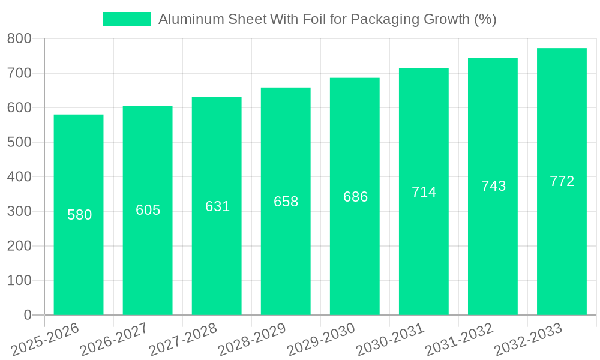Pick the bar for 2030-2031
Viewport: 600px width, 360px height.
424,252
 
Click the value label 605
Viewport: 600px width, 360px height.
148,210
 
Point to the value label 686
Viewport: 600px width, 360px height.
355,197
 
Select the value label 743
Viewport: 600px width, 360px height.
493,186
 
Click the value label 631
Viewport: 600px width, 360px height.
217,206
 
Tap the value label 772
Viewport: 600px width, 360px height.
562,181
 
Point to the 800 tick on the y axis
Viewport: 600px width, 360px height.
19,39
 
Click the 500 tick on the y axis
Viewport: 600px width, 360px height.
19,142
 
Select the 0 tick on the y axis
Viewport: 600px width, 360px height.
28,315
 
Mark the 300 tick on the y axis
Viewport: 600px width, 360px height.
19,211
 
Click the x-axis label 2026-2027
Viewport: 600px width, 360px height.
114,339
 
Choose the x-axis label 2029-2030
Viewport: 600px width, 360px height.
321,339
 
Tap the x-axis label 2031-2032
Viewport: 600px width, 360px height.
459,339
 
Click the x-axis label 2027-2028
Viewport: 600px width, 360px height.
183,339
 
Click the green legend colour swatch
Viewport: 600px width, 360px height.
127,19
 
